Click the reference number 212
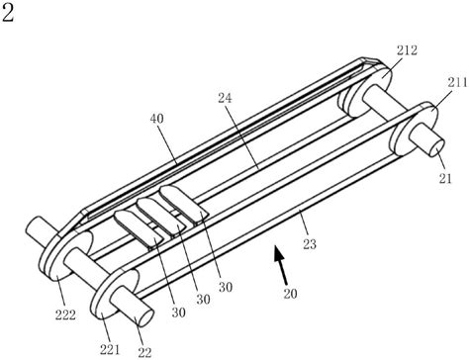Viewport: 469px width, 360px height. tap(407, 50)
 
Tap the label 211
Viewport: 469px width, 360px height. tap(457, 82)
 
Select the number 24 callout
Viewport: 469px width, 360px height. tap(226, 98)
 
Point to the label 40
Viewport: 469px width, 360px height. tap(156, 119)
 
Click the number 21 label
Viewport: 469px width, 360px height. tap(445, 178)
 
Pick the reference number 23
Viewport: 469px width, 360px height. tap(310, 244)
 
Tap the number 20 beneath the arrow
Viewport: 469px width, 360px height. tap(290, 293)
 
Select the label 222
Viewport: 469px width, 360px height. tap(65, 315)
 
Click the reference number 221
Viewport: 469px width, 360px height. tap(110, 349)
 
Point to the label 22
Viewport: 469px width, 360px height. tap(144, 352)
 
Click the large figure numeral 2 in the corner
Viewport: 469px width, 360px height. tap(8, 13)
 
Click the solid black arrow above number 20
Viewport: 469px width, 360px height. tap(280, 265)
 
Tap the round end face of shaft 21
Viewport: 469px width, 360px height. tap(437, 147)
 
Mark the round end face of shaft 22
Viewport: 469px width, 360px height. tap(144, 317)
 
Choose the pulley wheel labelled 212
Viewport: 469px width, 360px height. tap(366, 88)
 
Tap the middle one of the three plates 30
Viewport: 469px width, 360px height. tap(160, 217)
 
